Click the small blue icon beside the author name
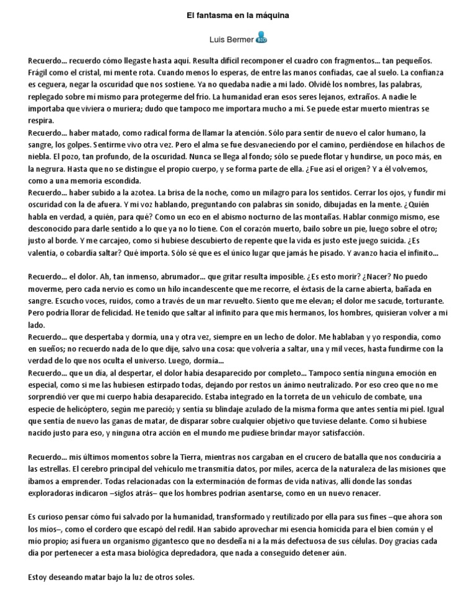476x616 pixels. click(262, 38)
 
